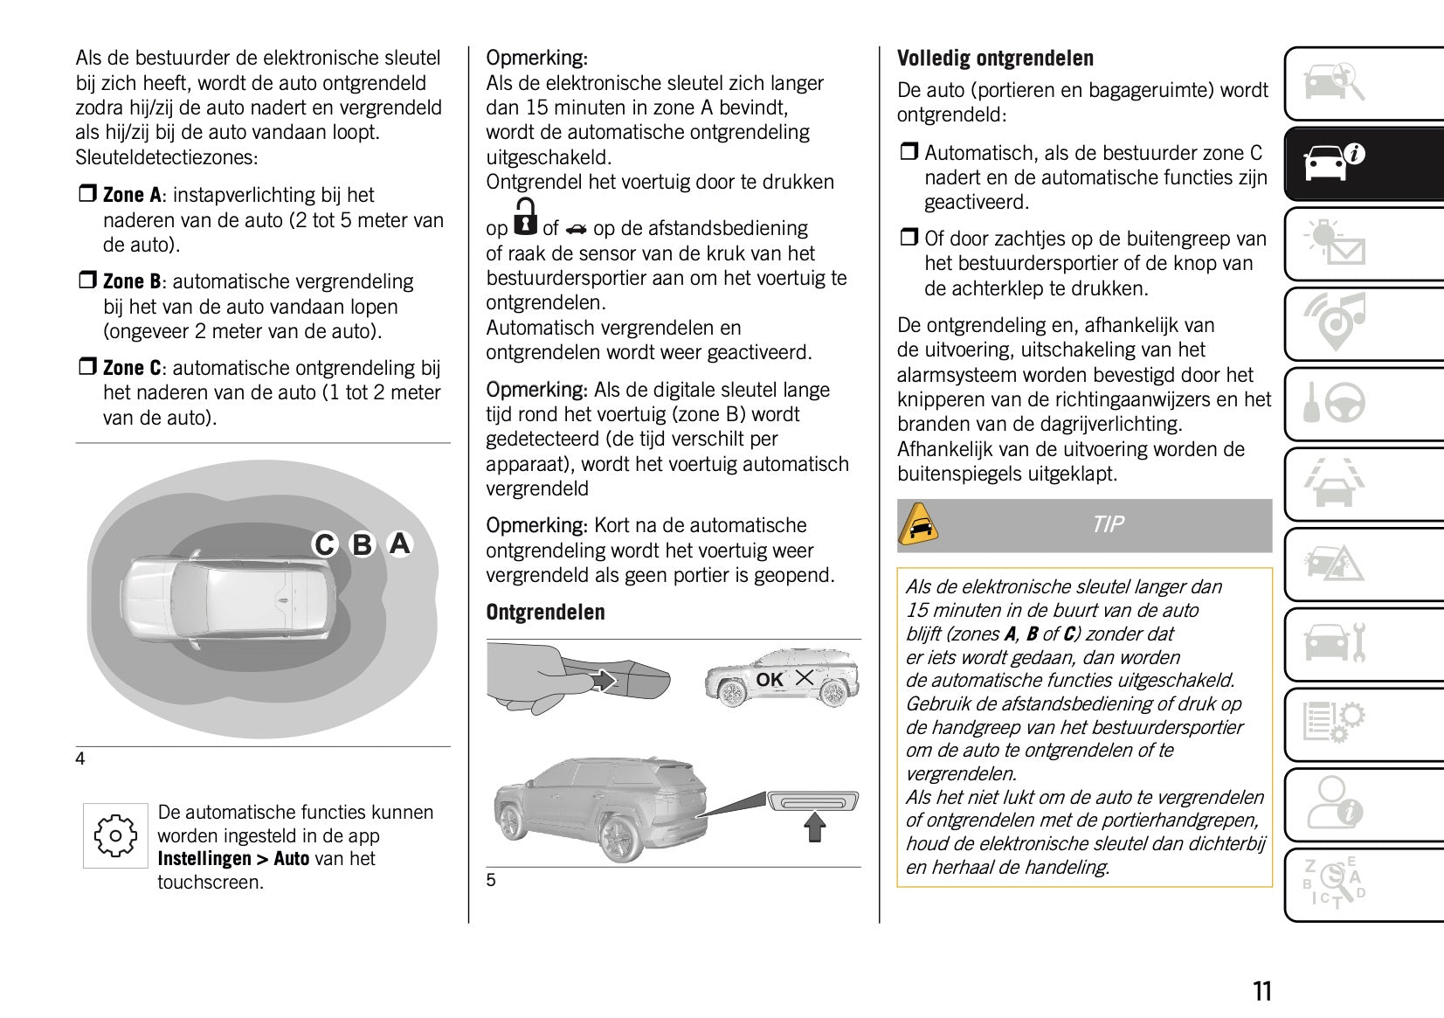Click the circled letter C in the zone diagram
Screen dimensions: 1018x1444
point(325,545)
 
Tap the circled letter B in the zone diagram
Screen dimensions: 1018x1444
point(362,545)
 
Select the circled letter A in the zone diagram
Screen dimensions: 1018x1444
point(399,544)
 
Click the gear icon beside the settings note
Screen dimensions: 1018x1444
point(115,836)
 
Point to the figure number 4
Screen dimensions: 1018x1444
point(80,759)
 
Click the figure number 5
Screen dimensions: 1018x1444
point(491,880)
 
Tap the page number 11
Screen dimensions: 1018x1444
point(1262,992)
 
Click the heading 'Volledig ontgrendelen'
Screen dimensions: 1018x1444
point(995,59)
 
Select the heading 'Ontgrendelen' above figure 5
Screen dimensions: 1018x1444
point(545,613)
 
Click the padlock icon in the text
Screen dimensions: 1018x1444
point(525,218)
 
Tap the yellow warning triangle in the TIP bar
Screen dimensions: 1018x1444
point(919,525)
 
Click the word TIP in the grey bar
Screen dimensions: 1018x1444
point(1108,524)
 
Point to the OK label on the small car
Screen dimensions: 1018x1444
point(770,679)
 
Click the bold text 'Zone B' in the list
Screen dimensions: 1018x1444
point(132,281)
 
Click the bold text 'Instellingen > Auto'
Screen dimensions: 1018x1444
point(233,859)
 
